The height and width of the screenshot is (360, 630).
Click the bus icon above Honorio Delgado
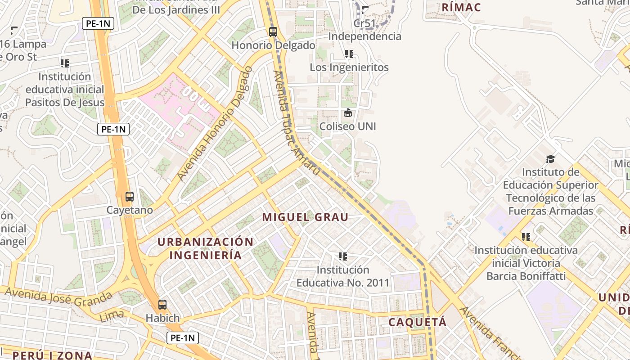tap(273, 32)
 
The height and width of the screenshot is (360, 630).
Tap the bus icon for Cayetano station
tap(130, 197)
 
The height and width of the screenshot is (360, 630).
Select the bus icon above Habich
tap(162, 305)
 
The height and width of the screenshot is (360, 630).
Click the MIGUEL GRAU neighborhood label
tap(305, 217)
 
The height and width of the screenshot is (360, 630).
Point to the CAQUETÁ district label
tap(418, 322)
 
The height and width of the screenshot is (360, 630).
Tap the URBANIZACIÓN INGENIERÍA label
tap(205, 248)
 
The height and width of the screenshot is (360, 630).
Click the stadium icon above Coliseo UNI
tap(347, 113)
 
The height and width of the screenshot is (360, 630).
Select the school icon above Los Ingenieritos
tap(349, 54)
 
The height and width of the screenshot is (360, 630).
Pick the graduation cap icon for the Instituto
tap(550, 159)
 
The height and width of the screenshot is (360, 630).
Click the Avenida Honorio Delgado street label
tap(215, 124)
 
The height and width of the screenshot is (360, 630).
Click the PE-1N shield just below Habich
tap(182, 338)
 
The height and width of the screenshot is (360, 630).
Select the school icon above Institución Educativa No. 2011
tap(342, 256)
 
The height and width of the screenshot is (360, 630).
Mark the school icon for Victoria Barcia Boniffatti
tap(526, 237)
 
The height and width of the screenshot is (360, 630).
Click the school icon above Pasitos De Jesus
tap(65, 63)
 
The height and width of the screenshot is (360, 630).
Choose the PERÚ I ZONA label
tap(52, 355)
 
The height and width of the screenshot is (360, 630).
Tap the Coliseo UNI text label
tap(347, 126)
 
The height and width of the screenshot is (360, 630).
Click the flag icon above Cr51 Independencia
tap(365, 9)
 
